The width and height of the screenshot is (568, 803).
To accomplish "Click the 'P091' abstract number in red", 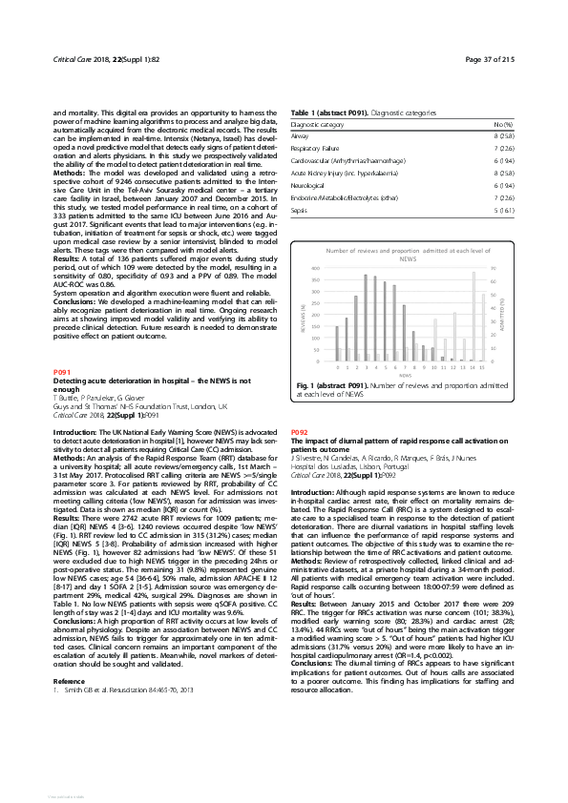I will point(60,369).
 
